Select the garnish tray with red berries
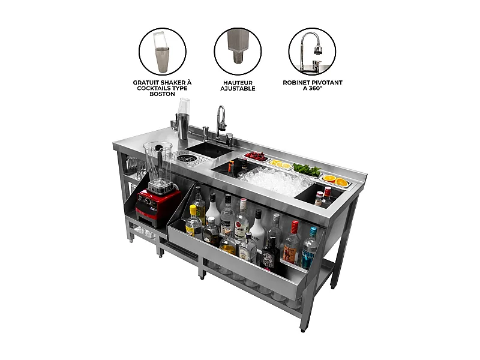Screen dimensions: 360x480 click(x=256, y=157)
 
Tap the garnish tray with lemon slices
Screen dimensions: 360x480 click(x=280, y=164)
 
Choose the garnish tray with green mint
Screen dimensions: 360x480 click(x=306, y=170)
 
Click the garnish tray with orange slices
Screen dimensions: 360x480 click(x=334, y=179)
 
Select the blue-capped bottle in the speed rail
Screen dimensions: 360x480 click(x=310, y=246)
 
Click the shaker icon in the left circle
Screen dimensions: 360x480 click(x=162, y=51)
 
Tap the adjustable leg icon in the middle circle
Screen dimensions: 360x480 click(x=238, y=51)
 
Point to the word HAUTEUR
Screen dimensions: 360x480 click(x=238, y=82)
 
